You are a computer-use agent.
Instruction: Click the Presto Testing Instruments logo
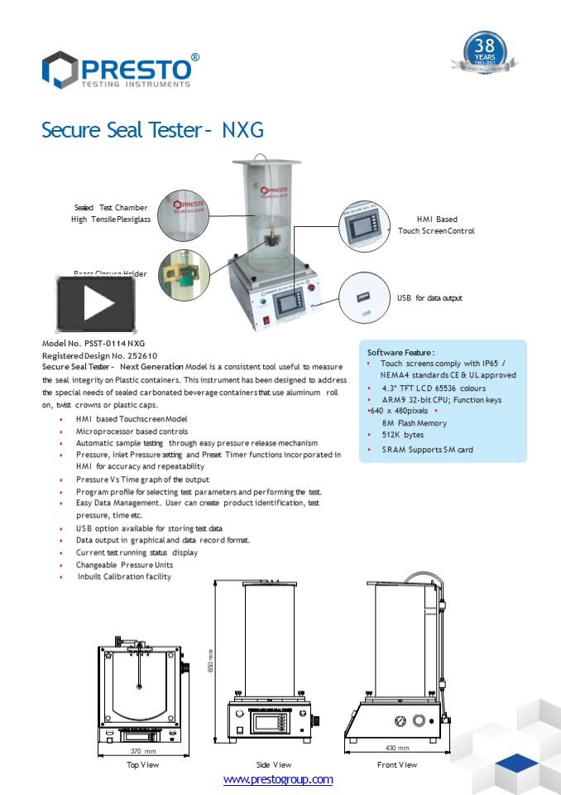click(121, 70)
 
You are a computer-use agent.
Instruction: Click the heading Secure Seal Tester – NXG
click(153, 130)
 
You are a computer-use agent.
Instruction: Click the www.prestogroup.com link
click(278, 779)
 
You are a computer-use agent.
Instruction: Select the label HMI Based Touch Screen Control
click(436, 225)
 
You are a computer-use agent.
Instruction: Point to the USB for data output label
click(429, 297)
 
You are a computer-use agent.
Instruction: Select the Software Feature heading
click(400, 352)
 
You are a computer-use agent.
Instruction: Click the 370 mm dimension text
click(143, 751)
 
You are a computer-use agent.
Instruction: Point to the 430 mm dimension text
click(396, 748)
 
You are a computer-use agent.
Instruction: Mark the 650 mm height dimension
click(211, 659)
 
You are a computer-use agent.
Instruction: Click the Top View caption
click(142, 764)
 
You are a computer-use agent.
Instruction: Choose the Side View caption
click(273, 764)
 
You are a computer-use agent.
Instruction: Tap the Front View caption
click(397, 764)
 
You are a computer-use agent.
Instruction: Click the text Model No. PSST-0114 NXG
click(82, 343)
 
